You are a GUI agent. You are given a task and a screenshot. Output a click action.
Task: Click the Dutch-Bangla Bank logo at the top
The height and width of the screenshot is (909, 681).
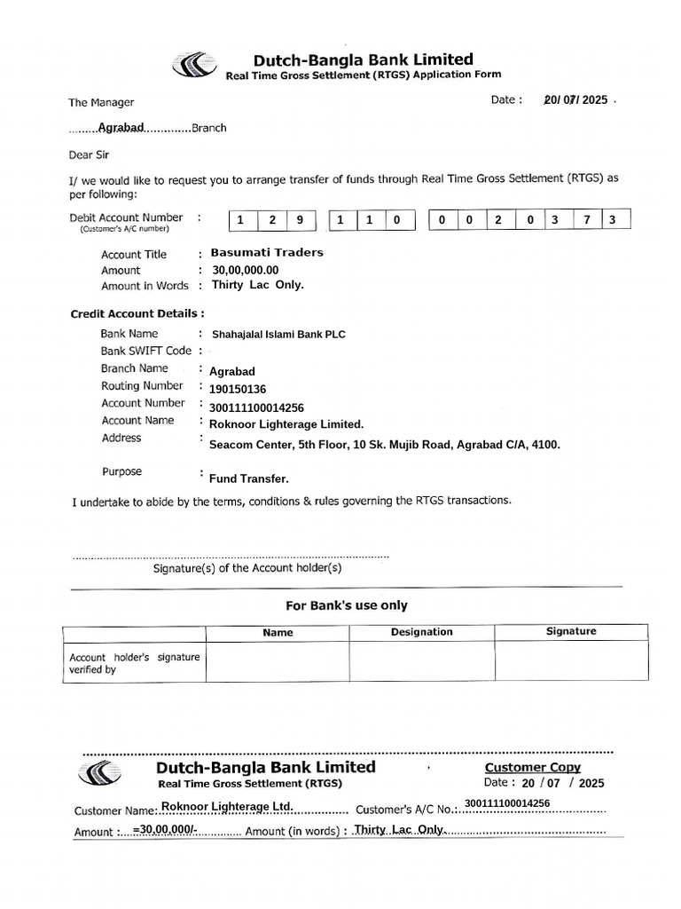click(x=192, y=66)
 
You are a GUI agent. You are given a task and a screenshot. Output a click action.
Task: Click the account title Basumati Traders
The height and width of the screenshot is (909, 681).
click(x=267, y=253)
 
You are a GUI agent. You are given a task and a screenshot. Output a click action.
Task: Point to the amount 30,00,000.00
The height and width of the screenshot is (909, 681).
click(x=245, y=270)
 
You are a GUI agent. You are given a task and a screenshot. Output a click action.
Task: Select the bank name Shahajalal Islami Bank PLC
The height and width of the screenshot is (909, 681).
click(x=278, y=335)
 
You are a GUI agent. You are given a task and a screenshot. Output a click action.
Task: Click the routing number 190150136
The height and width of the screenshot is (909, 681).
click(x=238, y=389)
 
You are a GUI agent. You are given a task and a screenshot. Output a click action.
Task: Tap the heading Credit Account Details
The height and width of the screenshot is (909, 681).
click(x=137, y=313)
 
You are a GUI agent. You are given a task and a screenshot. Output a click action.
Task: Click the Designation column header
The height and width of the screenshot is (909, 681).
click(x=421, y=632)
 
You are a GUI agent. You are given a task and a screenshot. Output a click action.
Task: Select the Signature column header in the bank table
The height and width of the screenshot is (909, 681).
click(x=571, y=631)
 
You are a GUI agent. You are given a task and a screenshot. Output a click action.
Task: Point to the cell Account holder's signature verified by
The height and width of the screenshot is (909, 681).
click(x=134, y=663)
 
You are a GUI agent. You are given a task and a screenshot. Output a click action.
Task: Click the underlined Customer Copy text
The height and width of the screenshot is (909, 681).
click(x=532, y=767)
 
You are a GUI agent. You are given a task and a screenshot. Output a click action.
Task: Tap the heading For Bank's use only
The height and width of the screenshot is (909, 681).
click(x=346, y=605)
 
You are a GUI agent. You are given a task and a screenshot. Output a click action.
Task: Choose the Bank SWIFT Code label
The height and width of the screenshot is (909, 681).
click(x=146, y=351)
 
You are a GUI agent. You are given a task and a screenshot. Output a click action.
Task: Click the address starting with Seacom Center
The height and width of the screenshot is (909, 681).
click(x=384, y=445)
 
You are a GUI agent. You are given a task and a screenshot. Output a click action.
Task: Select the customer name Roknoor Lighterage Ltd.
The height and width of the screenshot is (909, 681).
click(x=227, y=806)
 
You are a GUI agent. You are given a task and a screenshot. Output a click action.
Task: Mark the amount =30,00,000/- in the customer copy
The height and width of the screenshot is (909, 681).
click(x=165, y=829)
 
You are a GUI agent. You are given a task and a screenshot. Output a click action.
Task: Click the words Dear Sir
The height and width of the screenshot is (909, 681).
click(x=89, y=154)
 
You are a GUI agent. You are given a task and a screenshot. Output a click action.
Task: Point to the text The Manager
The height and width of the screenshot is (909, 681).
click(x=101, y=103)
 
